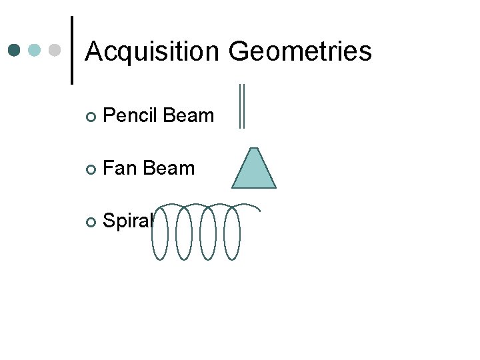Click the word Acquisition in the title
(153, 51)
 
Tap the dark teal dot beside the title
(15, 51)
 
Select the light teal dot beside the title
(35, 51)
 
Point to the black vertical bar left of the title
(71, 51)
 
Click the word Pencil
(131, 116)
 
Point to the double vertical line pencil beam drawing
(242, 105)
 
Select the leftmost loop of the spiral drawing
(160, 232)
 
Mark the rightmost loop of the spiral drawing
(233, 232)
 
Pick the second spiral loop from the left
(184, 232)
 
